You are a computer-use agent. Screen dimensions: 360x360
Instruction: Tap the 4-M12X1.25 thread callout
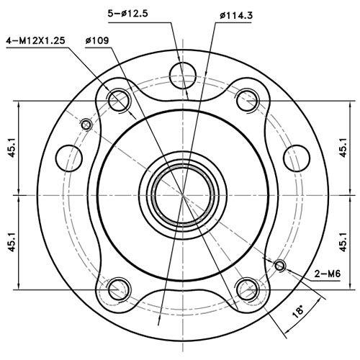tap(35, 40)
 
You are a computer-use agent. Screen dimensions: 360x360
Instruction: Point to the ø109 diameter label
tap(96, 40)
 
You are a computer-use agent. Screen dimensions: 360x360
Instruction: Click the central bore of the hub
tap(183, 195)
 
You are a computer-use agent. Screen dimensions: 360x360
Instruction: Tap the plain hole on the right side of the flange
tap(297, 156)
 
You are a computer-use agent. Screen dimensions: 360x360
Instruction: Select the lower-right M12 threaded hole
tap(247, 290)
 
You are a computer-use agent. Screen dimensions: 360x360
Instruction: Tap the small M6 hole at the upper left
tap(86, 125)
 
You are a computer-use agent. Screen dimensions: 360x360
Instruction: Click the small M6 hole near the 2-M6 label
tap(281, 266)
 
